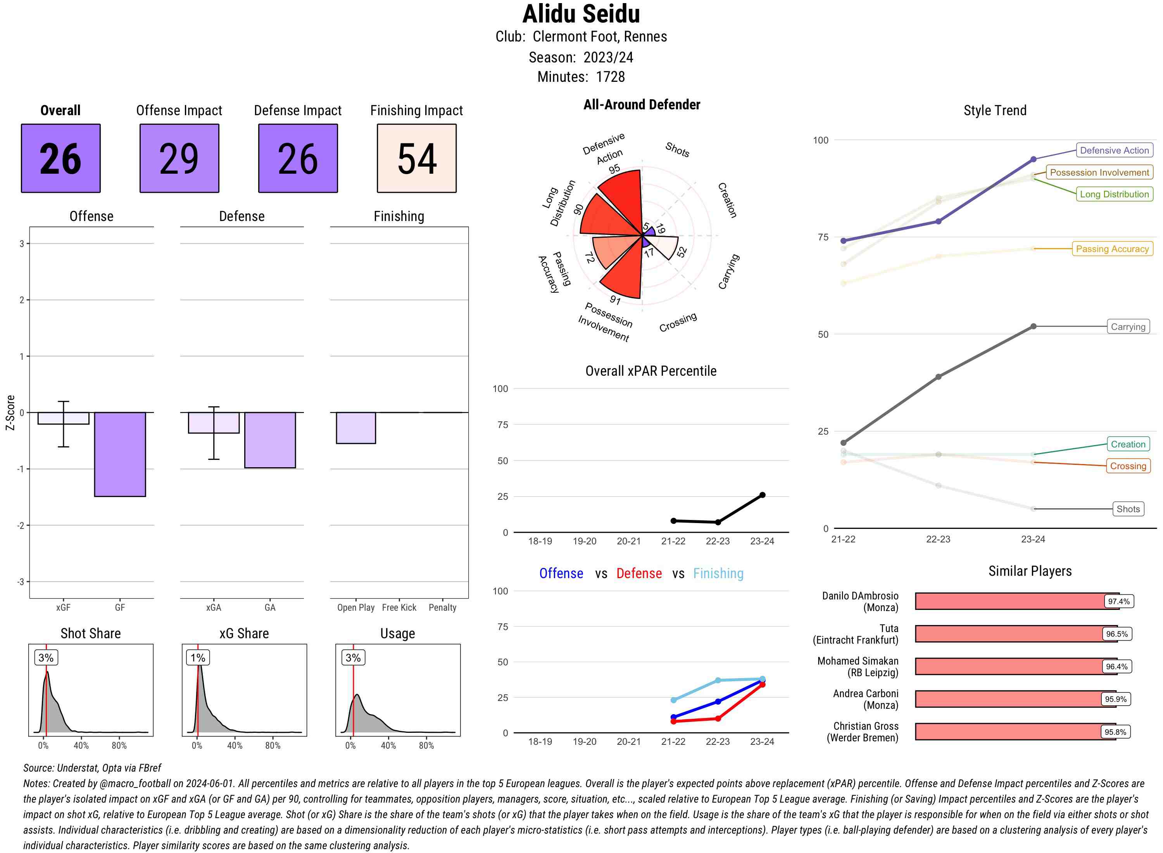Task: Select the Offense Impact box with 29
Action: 179,158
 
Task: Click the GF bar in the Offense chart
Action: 120,454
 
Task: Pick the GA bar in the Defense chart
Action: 270,440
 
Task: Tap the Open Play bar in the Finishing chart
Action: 355,428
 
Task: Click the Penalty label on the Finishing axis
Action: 442,607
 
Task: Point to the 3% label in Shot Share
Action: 46,657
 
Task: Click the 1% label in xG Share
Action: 198,657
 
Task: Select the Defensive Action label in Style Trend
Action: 1114,150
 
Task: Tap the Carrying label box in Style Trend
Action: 1128,326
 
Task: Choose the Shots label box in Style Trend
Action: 1128,509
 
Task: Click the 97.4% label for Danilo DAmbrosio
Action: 1118,601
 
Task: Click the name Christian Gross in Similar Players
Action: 866,726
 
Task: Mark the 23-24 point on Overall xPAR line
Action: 763,495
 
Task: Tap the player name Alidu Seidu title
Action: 581,14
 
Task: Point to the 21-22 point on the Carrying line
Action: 844,442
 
